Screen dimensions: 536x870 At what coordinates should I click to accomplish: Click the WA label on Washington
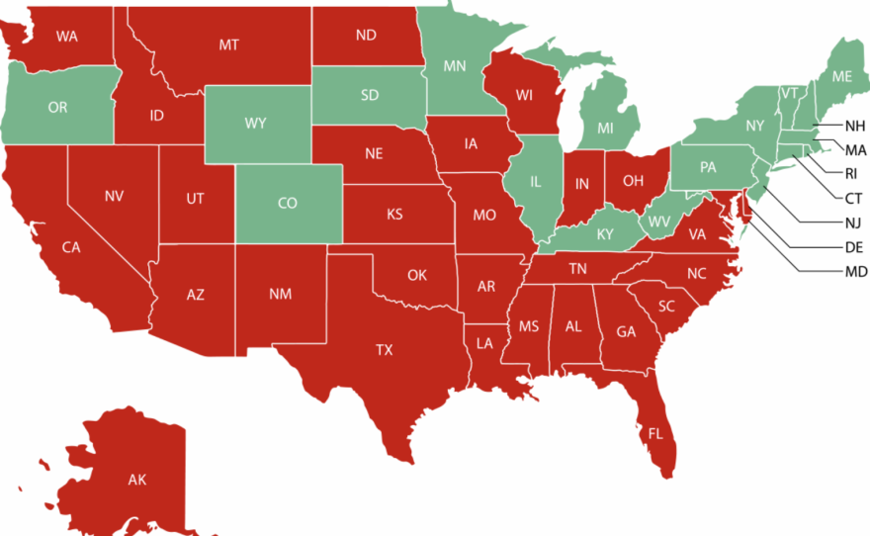pyautogui.click(x=67, y=37)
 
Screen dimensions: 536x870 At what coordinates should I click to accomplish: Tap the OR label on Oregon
pyautogui.click(x=57, y=107)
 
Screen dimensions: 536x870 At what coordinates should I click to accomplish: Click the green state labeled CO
pyautogui.click(x=287, y=204)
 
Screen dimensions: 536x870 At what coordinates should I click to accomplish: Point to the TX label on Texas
pyautogui.click(x=384, y=350)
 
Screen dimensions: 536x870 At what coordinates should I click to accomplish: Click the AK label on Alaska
pyautogui.click(x=136, y=481)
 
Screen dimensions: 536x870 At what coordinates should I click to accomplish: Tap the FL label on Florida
pyautogui.click(x=655, y=433)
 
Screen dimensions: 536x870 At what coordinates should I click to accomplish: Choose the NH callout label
pyautogui.click(x=855, y=126)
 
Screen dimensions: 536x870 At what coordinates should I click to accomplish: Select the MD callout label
pyautogui.click(x=856, y=272)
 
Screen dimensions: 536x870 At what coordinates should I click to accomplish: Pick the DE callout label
pyautogui.click(x=855, y=247)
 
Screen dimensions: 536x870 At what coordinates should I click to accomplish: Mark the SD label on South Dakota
pyautogui.click(x=369, y=96)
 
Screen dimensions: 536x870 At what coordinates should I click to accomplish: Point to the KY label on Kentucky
pyautogui.click(x=605, y=234)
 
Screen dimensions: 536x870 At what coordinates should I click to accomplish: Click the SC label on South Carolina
pyautogui.click(x=666, y=307)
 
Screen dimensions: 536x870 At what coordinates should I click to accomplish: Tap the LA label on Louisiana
pyautogui.click(x=484, y=344)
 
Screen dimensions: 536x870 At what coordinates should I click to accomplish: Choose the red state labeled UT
pyautogui.click(x=195, y=199)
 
